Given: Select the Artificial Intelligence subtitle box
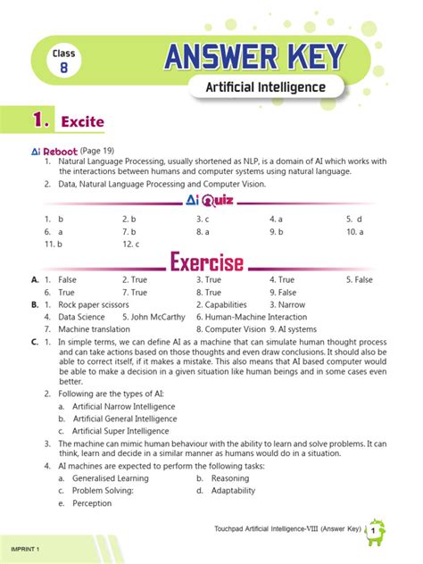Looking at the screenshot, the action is (265, 87).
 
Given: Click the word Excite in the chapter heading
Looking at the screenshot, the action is (83, 120).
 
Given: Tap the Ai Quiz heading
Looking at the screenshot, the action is (211, 200).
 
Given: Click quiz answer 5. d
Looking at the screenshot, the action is (354, 219).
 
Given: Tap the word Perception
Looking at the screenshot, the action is (92, 502).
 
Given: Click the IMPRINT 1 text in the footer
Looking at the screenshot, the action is (26, 545).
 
